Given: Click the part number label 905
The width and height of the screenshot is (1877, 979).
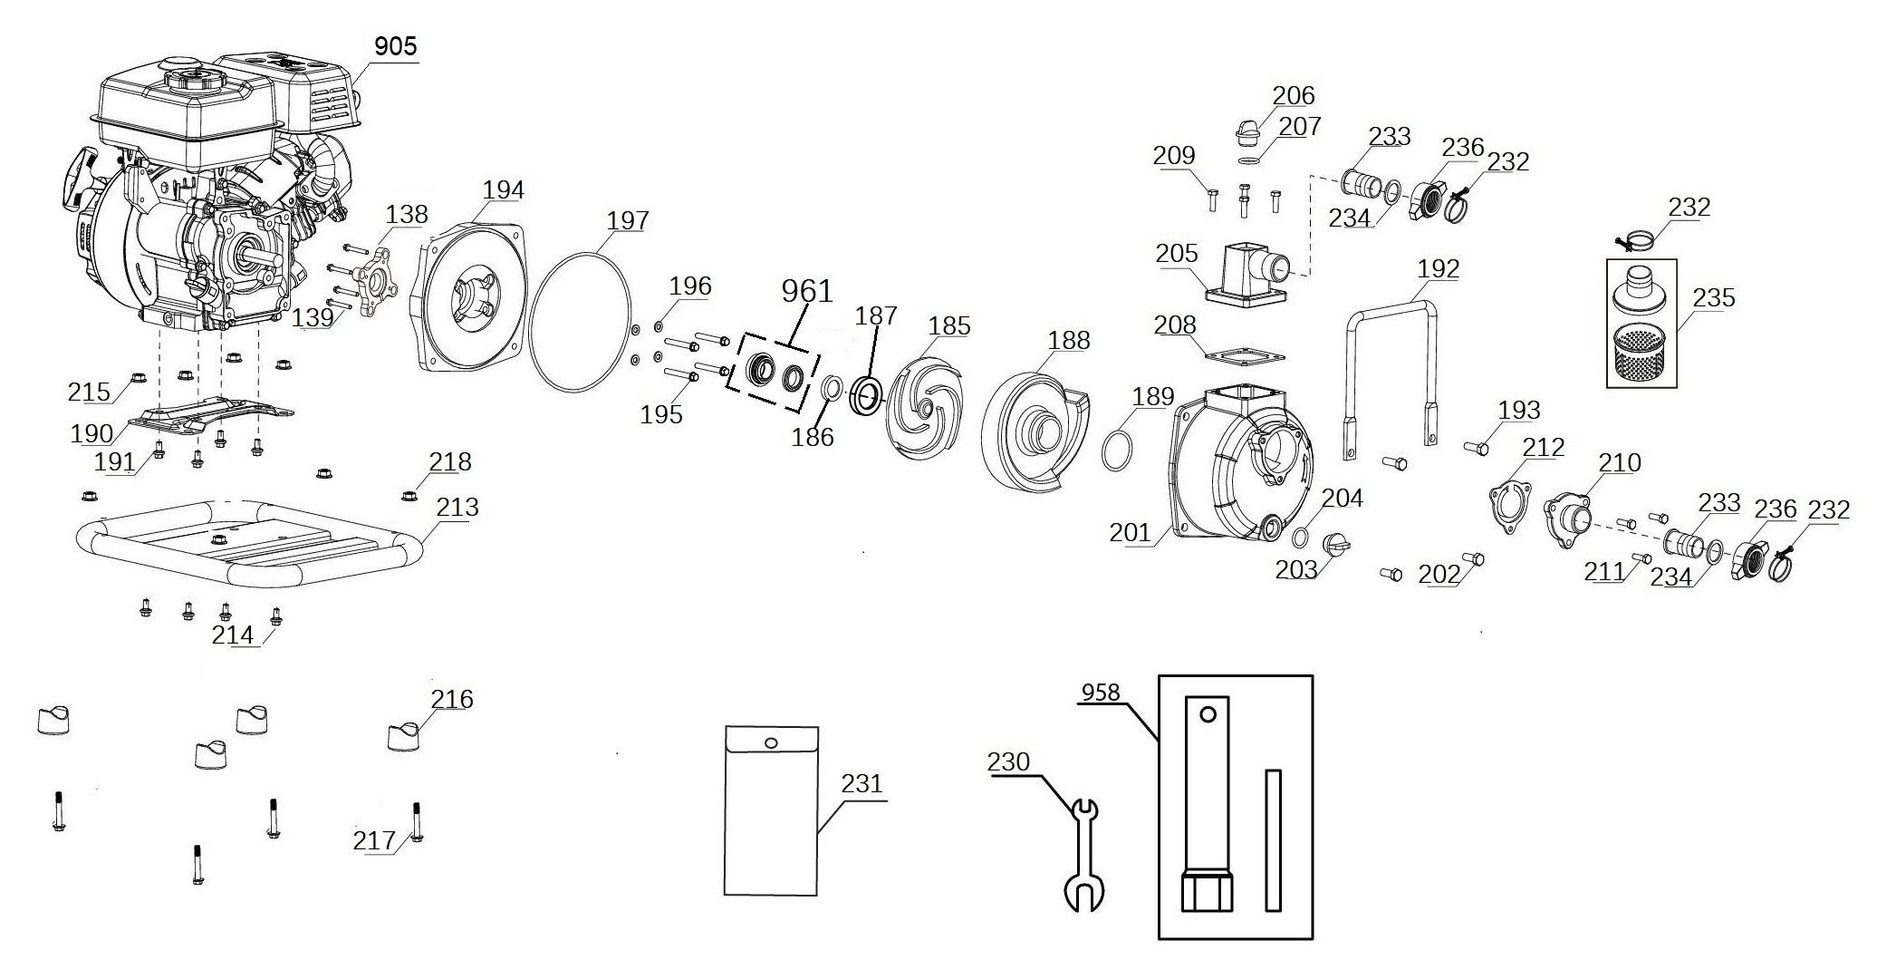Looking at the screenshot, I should (396, 45).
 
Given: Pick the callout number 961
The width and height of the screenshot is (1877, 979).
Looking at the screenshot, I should (806, 291).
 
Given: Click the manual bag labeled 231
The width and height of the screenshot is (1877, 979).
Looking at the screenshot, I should (771, 809).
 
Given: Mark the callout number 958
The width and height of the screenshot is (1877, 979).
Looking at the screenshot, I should (1101, 693).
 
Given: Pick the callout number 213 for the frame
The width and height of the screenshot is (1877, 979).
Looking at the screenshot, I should (457, 507).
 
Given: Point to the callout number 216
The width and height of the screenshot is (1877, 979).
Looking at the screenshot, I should (452, 699).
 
